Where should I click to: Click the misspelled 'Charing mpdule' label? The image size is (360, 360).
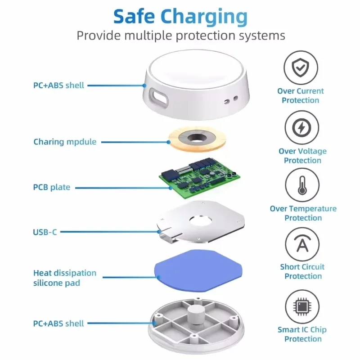coord(65,142)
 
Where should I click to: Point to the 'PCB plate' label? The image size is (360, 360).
coord(52,187)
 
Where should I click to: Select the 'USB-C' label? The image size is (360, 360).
coord(45,232)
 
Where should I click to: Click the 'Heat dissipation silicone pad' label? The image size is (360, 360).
coord(65,278)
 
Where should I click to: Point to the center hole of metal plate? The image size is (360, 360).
coord(201,220)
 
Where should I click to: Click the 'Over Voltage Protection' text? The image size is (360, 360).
coord(302,156)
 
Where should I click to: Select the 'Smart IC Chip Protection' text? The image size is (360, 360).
coord(302,334)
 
